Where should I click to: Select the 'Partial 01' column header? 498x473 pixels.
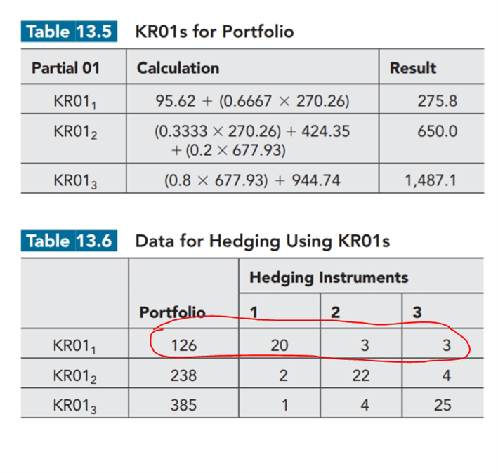pos(65,68)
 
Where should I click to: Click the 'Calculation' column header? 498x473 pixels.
pos(178,68)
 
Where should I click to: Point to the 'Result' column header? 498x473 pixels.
pos(413,68)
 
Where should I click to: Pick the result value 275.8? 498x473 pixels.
pos(437,101)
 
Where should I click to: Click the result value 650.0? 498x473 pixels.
pos(437,132)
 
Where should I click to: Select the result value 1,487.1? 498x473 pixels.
pos(431,180)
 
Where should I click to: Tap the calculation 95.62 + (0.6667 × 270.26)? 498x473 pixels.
pos(252,101)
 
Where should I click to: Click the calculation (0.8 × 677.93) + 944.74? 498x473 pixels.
pos(252,180)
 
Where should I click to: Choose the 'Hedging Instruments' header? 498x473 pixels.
pos(329,277)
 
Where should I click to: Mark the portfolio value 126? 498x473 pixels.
pos(183,345)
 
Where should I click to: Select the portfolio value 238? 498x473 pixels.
pos(183,375)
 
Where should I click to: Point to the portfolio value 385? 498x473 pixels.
pos(183,405)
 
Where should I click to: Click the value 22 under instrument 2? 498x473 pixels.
pos(361,375)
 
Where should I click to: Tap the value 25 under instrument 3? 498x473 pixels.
pos(442,405)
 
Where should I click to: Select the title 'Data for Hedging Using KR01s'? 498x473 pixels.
pos(262,241)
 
